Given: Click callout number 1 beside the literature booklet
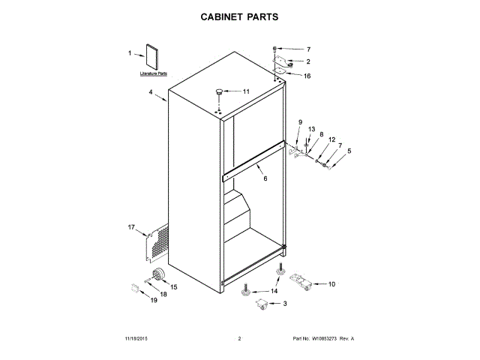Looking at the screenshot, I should [130, 53].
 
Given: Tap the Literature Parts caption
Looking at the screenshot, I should [154, 75].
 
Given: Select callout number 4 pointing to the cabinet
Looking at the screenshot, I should [151, 93].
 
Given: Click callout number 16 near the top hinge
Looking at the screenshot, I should [307, 76].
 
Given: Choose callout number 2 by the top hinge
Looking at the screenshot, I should [307, 61].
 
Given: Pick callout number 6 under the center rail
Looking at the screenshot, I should [265, 178].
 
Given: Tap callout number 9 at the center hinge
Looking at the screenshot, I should [300, 122].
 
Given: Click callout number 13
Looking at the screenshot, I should [311, 129].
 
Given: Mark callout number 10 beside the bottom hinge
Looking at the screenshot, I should [332, 284].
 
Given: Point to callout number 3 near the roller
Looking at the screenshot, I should [284, 303].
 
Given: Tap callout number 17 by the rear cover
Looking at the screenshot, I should [130, 227].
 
